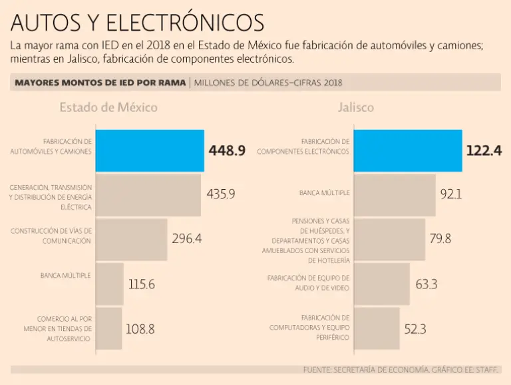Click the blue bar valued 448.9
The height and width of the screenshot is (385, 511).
click(x=150, y=151)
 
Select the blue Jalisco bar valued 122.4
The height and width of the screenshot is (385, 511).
click(x=407, y=151)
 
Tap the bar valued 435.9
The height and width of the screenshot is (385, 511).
click(x=149, y=195)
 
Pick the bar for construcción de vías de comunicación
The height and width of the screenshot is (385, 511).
click(x=132, y=239)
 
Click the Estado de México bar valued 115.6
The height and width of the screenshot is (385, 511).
click(x=110, y=284)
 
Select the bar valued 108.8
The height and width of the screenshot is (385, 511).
click(x=109, y=328)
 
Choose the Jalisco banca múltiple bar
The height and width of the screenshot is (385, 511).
click(x=395, y=195)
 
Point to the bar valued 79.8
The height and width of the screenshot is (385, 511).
click(x=389, y=239)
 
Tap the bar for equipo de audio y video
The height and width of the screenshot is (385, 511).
click(x=382, y=284)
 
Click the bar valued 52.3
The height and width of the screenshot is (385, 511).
click(x=377, y=328)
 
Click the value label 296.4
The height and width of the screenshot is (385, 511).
click(x=186, y=238)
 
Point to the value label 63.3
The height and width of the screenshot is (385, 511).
click(x=426, y=284)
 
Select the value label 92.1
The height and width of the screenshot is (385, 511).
click(x=450, y=194)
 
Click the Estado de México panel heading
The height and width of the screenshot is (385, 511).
click(x=108, y=108)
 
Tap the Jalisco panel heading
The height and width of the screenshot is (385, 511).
click(x=356, y=108)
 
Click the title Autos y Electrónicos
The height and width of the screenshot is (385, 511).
click(x=138, y=23)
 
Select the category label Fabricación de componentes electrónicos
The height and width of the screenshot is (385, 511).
click(x=303, y=147)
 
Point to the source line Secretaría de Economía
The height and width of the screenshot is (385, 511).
click(x=401, y=370)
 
